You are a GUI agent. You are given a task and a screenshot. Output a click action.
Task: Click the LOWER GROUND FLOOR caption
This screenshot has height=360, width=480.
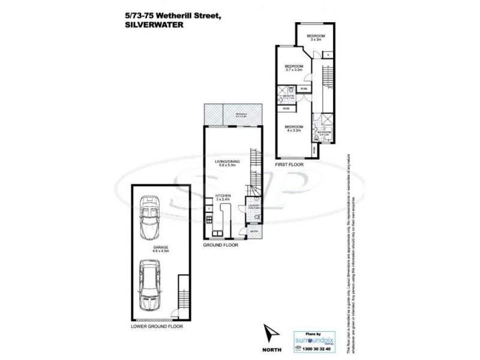pos(157,327)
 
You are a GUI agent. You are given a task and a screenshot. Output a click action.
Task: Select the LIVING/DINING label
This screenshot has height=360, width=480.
pos(227,163)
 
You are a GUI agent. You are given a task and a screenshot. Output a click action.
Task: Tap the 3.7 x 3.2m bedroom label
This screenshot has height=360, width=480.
pos(293,68)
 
